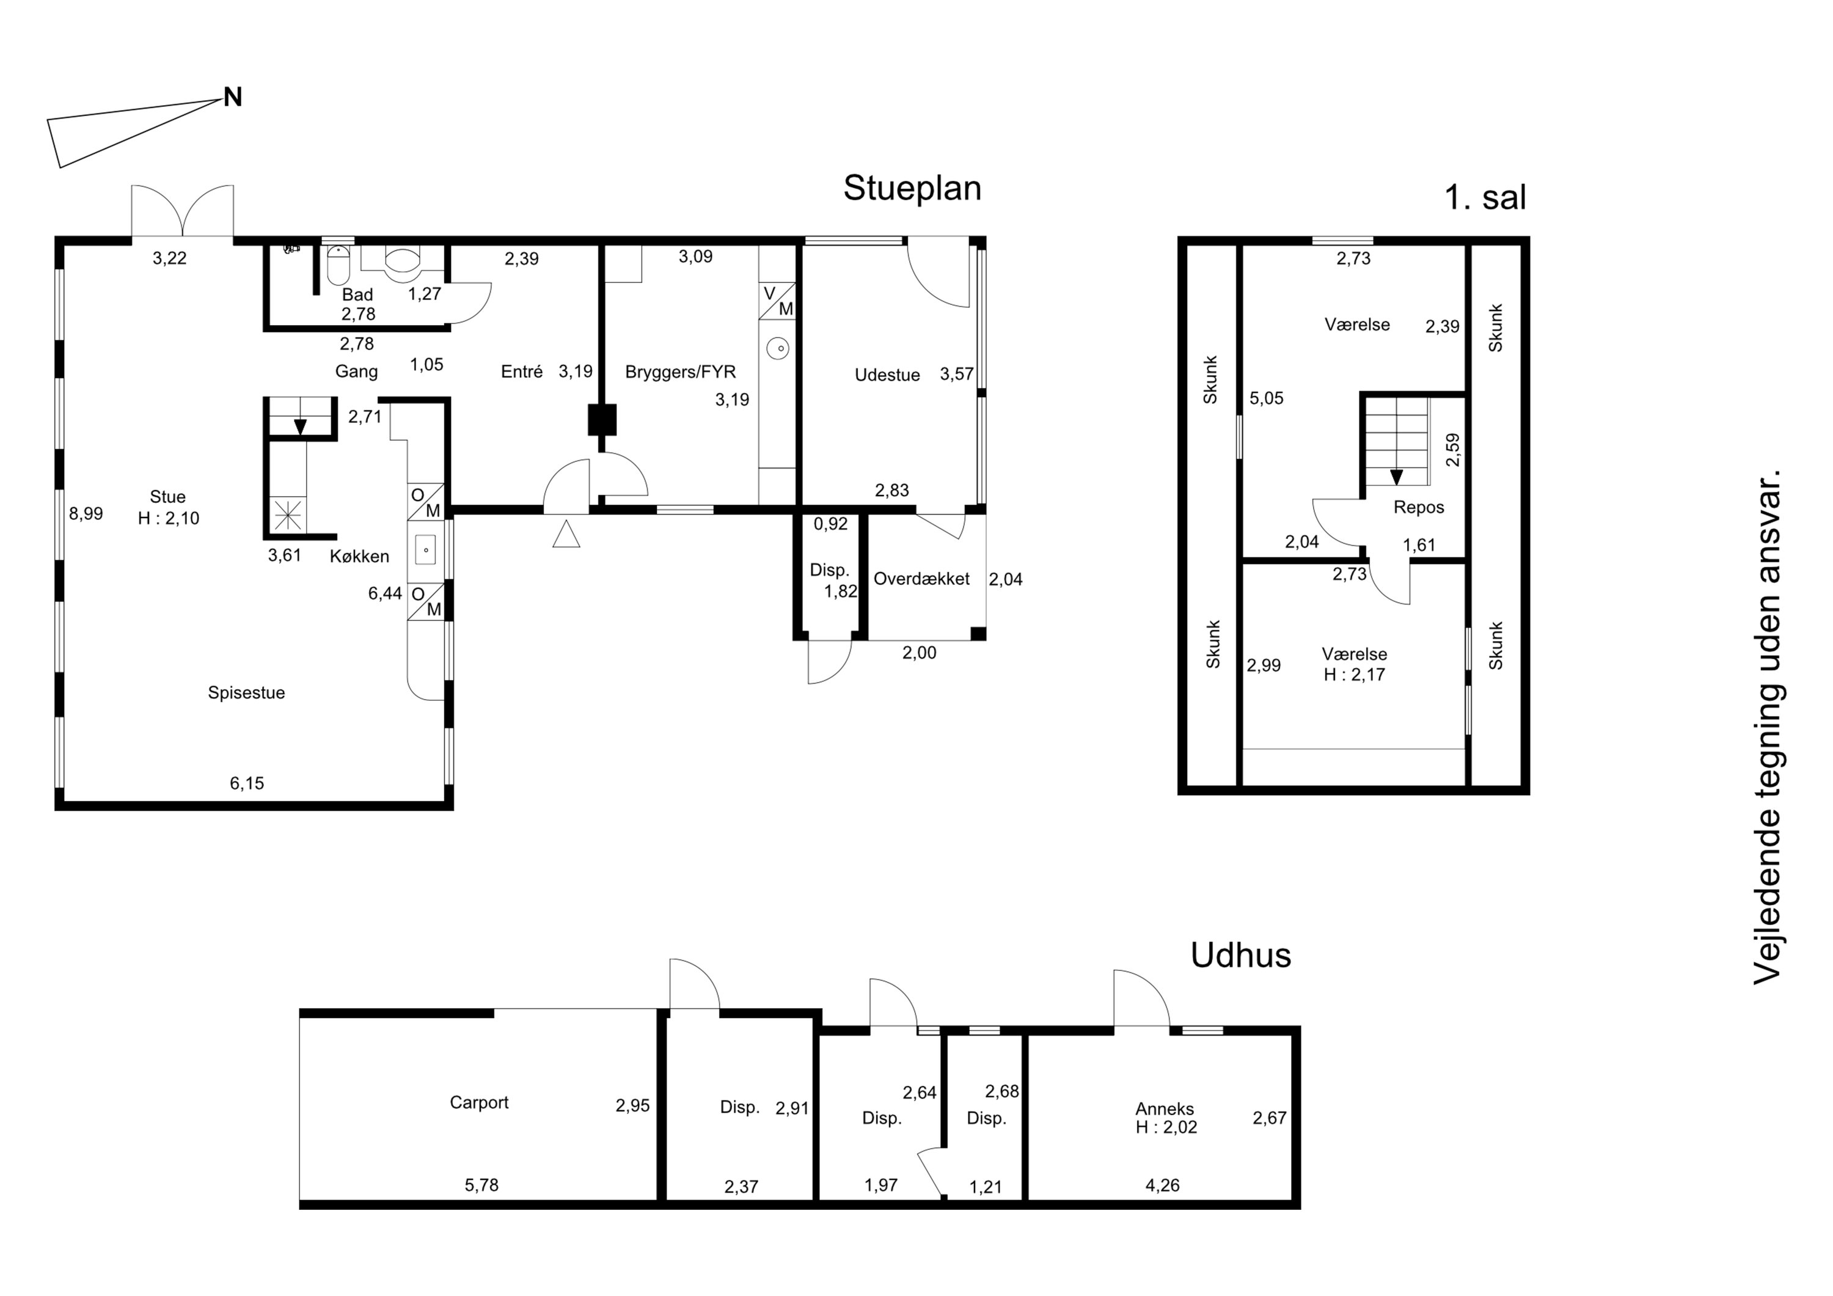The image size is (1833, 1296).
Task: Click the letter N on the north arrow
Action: [x=232, y=97]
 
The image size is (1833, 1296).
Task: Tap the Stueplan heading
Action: [x=912, y=188]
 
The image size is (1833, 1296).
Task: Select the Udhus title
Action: [x=1240, y=955]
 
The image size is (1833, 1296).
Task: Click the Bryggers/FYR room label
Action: [x=680, y=372]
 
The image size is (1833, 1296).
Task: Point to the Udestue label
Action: [x=887, y=375]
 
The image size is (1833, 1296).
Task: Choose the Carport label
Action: [x=479, y=1103]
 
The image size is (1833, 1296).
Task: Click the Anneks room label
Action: [x=1165, y=1109]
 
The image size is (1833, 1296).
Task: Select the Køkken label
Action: [x=359, y=557]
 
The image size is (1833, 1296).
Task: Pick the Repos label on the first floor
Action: [x=1419, y=508]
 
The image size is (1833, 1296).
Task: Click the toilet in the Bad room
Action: [x=401, y=258]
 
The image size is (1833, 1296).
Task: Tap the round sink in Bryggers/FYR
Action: [x=778, y=348]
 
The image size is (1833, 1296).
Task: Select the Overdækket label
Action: [x=921, y=579]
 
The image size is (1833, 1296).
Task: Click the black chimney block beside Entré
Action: [x=602, y=420]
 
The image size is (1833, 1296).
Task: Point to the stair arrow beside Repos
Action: [x=1396, y=477]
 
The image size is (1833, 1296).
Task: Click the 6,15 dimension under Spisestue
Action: [x=247, y=783]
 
